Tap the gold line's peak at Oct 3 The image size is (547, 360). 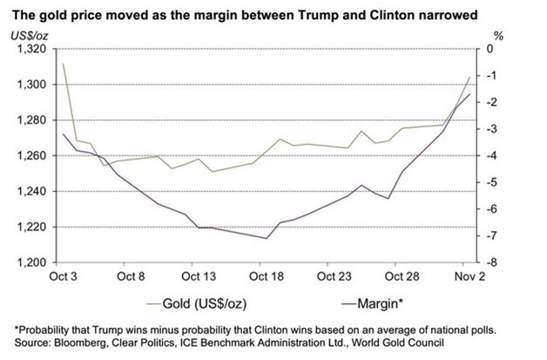pyautogui.click(x=63, y=64)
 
